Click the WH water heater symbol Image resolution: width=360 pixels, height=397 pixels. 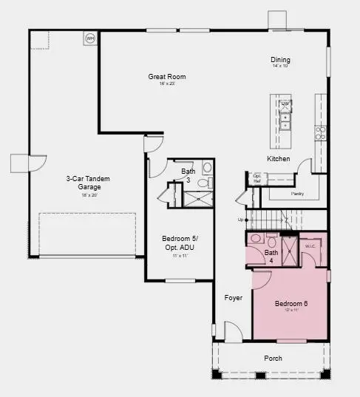tap(90, 38)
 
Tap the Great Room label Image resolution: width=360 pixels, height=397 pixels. tap(167, 77)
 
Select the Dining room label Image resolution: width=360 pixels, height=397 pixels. tap(280, 60)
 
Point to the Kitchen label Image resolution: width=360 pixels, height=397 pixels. tap(278, 159)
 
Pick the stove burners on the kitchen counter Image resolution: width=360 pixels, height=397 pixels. tap(320, 133)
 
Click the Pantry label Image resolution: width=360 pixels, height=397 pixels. tap(297, 193)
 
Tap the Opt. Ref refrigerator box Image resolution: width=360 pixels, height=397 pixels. tap(257, 177)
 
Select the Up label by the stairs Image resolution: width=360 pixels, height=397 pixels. tap(240, 220)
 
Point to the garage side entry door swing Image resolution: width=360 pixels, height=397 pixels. tap(37, 163)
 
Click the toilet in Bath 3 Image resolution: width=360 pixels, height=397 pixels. tap(207, 181)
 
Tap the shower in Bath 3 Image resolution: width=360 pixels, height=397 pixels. tap(198, 198)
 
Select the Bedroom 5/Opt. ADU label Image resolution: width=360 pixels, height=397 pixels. tap(179, 242)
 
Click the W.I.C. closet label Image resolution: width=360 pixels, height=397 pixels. tap(310, 245)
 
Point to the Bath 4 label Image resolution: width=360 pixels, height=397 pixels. tap(271, 257)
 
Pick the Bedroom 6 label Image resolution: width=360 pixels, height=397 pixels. tap(291, 305)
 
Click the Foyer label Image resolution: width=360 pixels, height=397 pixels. tap(234, 298)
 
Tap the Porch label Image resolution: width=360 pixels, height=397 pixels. tap(274, 359)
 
